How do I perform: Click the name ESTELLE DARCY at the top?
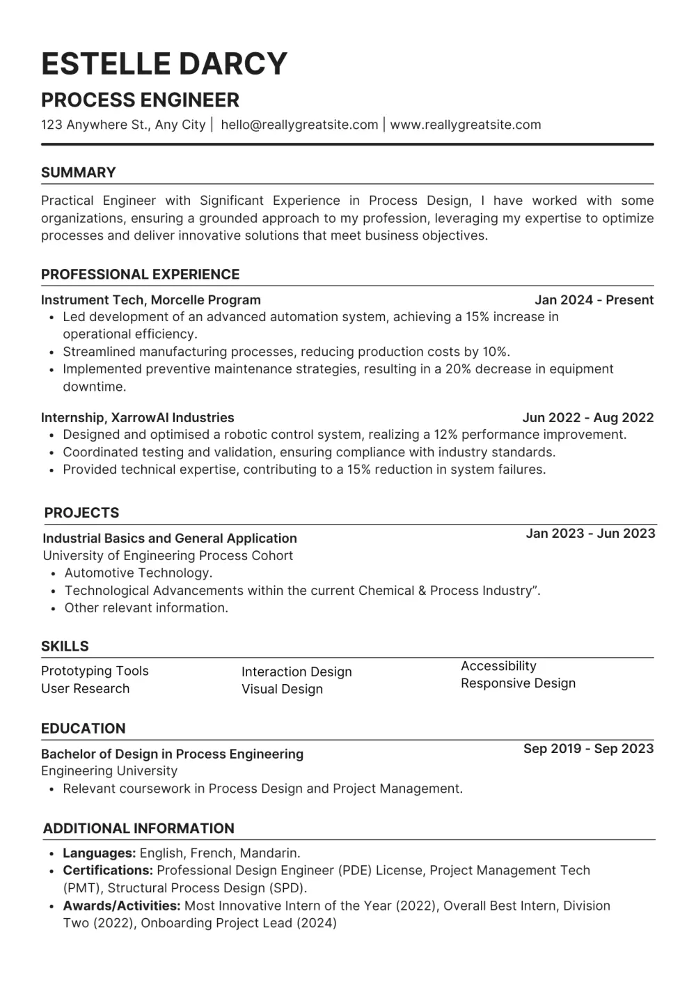coord(164,63)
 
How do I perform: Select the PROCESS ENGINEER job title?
coord(140,100)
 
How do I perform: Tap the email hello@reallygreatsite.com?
coord(299,125)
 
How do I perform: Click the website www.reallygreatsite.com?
coord(465,125)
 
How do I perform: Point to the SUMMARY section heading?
coord(78,173)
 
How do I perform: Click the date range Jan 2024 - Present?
coord(594,300)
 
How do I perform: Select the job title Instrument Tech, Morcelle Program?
coord(150,300)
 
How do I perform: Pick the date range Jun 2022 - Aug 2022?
coord(587,418)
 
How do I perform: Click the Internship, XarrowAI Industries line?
coord(137,418)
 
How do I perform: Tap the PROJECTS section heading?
coord(81,513)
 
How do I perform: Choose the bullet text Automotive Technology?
coord(139,573)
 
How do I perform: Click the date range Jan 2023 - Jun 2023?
coord(590,534)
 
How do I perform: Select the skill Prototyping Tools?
coord(95,672)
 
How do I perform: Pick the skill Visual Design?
coord(282,690)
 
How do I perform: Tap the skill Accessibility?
coord(498,666)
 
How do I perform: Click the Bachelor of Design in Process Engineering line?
coord(172,754)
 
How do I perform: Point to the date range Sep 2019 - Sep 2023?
coord(588,749)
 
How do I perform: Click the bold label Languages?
coord(99,853)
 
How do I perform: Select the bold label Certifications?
coord(107,871)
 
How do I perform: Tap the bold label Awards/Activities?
coord(121,906)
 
